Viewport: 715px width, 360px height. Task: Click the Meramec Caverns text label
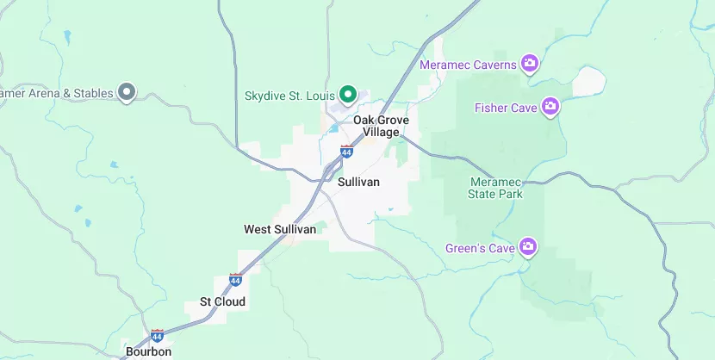pos(468,65)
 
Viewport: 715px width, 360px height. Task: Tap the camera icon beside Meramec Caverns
pos(530,64)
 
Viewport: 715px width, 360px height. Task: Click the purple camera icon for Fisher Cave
pos(550,108)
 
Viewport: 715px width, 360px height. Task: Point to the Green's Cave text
pos(480,249)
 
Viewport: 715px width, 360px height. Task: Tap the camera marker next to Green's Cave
pos(529,248)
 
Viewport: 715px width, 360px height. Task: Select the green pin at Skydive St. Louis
pos(348,93)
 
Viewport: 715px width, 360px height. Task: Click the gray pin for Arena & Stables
pos(127,91)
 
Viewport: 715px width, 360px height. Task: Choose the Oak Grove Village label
pos(381,127)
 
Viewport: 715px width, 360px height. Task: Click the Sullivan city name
pos(358,183)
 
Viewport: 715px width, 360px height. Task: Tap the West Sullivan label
pos(279,229)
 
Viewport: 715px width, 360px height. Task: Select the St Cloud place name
pos(222,301)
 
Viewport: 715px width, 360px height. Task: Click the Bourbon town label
pos(148,351)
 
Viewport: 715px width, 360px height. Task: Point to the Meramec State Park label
pos(495,188)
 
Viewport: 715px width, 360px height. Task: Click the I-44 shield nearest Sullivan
pos(346,152)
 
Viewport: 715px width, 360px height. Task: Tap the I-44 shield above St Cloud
pos(235,280)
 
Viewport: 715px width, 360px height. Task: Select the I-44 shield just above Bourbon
pos(157,335)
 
